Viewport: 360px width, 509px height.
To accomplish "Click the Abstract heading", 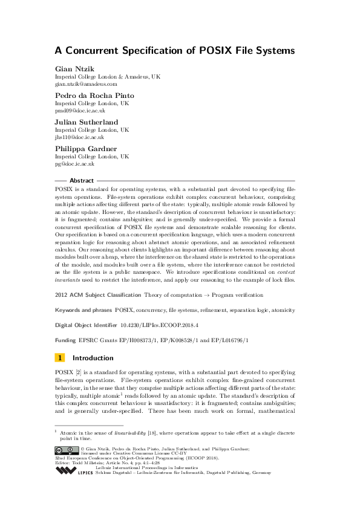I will click(82, 181).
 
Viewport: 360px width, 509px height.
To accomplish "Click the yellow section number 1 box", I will click(61, 358).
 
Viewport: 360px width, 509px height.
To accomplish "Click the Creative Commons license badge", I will click(67, 450).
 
